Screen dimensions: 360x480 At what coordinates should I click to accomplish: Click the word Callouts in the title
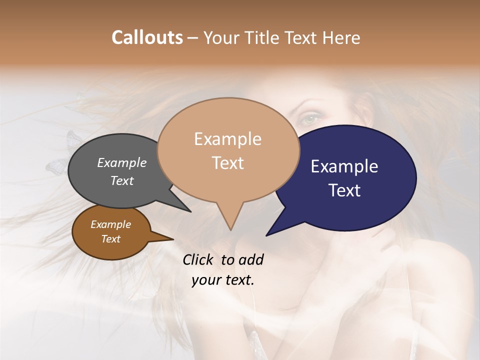pos(147,37)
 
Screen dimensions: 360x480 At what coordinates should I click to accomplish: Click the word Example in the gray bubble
pos(122,162)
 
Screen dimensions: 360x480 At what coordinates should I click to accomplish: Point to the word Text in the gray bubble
pos(122,180)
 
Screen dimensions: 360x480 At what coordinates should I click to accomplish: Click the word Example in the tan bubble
pos(227,139)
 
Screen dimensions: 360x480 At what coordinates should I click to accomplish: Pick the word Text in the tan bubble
pos(227,163)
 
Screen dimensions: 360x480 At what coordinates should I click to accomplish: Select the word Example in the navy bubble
pos(344,166)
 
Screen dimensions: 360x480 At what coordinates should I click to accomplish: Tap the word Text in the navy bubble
pos(344,190)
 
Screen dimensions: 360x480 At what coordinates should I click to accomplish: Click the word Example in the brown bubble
pos(110,224)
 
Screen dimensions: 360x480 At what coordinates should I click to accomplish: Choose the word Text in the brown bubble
pos(110,239)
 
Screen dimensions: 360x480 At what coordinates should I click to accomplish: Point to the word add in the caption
pos(251,259)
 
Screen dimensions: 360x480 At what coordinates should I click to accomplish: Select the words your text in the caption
pos(223,280)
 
